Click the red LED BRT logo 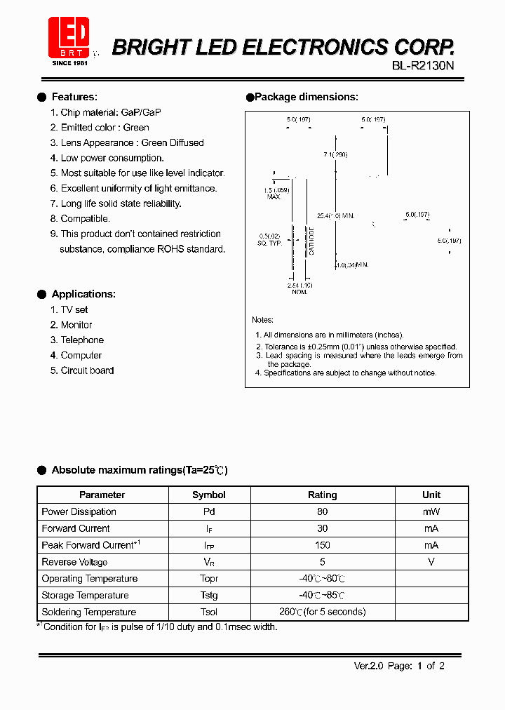point(69,37)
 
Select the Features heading point(74,97)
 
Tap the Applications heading point(83,294)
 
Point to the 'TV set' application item point(74,309)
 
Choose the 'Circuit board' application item point(87,370)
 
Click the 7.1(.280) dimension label point(335,154)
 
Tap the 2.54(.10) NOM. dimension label point(299,288)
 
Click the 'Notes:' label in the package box point(262,320)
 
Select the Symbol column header point(209,495)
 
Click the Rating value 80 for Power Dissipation point(322,511)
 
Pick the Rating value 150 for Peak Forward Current point(322,545)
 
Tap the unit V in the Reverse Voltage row point(431,562)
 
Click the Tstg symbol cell point(209,595)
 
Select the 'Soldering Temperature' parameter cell point(88,612)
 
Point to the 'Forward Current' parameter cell point(76,528)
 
